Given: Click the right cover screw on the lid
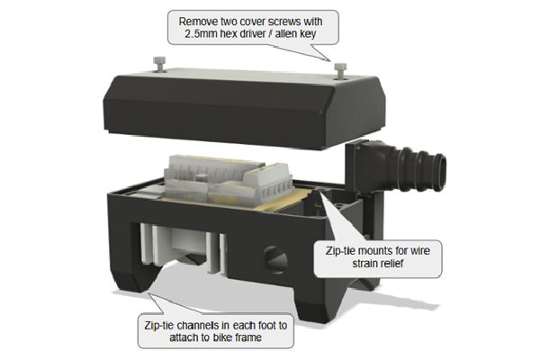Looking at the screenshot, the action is (x=340, y=67).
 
